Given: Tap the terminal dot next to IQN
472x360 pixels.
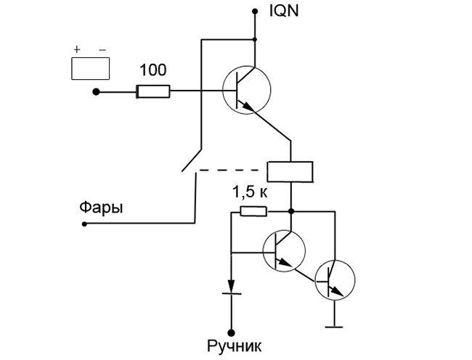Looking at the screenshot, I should (x=255, y=11).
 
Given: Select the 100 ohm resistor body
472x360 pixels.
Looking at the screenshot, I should (x=153, y=91).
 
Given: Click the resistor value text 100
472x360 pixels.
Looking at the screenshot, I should (x=152, y=70).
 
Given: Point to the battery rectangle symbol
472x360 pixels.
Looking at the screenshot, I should (x=90, y=68).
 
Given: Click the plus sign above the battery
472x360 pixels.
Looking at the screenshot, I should (x=76, y=49).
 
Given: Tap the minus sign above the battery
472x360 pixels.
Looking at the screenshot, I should (x=102, y=49).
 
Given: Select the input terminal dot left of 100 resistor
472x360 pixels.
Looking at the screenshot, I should (x=96, y=91).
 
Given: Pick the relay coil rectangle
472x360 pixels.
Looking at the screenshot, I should (x=290, y=171).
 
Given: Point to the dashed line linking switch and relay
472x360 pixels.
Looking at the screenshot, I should (x=232, y=171).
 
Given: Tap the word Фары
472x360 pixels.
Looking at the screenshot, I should (x=101, y=208).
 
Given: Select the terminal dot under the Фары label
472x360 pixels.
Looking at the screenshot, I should (x=84, y=225).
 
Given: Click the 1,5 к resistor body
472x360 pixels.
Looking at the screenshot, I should (x=253, y=212).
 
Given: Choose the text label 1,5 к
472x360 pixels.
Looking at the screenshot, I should (x=250, y=193).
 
